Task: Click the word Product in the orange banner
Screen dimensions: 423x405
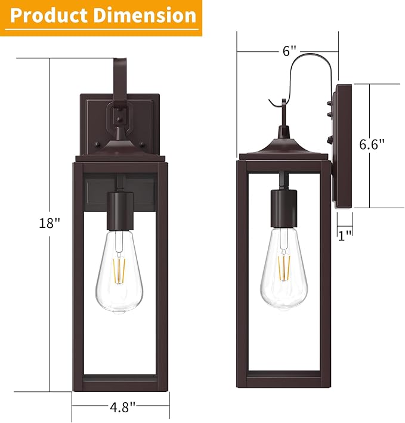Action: point(50,16)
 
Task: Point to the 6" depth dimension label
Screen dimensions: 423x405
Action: point(290,51)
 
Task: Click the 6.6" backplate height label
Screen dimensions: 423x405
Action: point(372,144)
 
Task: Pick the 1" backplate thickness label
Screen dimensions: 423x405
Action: point(344,235)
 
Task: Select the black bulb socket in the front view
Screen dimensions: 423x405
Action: point(119,211)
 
